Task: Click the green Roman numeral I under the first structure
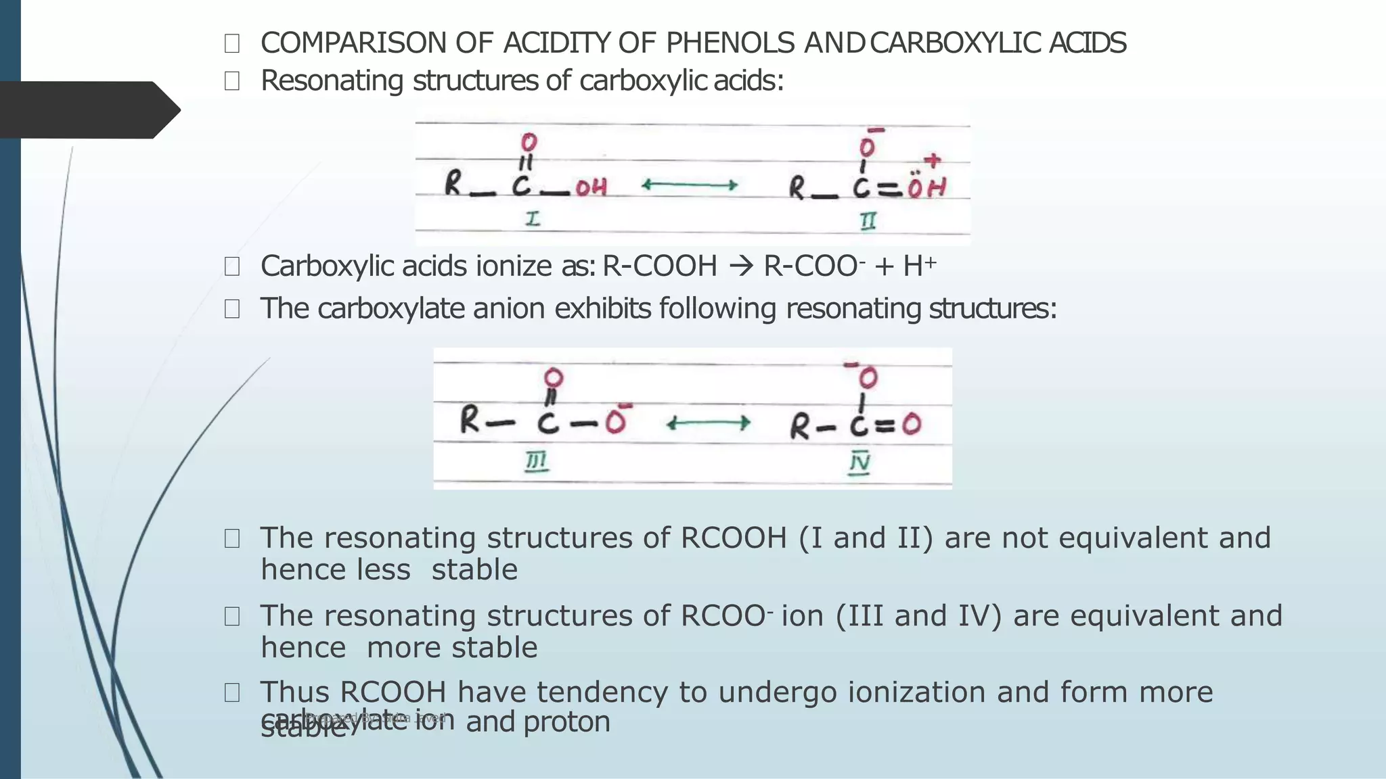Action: tap(533, 219)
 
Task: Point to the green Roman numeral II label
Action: tap(868, 220)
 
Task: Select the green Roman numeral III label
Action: tap(537, 462)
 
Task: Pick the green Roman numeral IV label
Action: tap(859, 463)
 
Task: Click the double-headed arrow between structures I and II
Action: tap(689, 185)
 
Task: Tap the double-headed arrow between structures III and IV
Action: tap(708, 424)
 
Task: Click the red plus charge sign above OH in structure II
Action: tap(933, 160)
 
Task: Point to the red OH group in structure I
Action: tap(591, 187)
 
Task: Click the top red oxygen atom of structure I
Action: tap(529, 142)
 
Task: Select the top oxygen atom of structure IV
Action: tap(868, 377)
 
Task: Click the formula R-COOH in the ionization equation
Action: tap(660, 266)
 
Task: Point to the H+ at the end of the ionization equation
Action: tap(919, 266)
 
